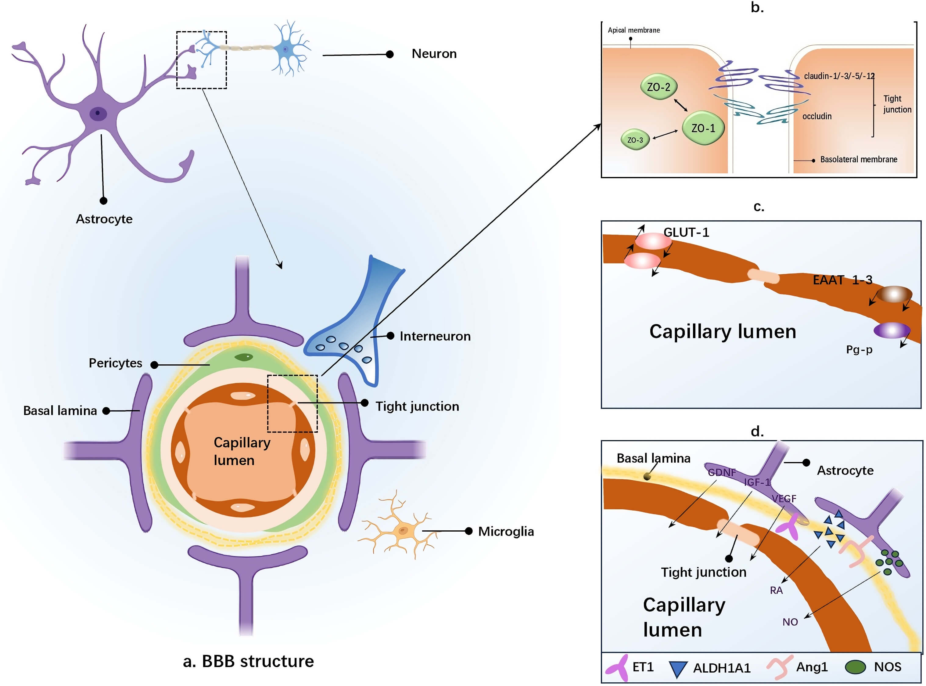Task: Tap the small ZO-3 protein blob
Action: pyautogui.click(x=635, y=140)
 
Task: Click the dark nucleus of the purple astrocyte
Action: pyautogui.click(x=98, y=113)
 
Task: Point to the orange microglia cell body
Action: pyautogui.click(x=403, y=531)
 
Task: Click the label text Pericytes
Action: pyautogui.click(x=115, y=363)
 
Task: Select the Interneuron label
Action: pyautogui.click(x=435, y=336)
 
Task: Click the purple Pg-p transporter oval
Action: pyautogui.click(x=892, y=330)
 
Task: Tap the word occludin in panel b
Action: pyautogui.click(x=817, y=116)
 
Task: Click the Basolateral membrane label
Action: pyautogui.click(x=858, y=160)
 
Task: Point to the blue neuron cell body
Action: pyautogui.click(x=285, y=49)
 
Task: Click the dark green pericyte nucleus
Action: pyautogui.click(x=244, y=357)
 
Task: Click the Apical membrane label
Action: pyautogui.click(x=633, y=30)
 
